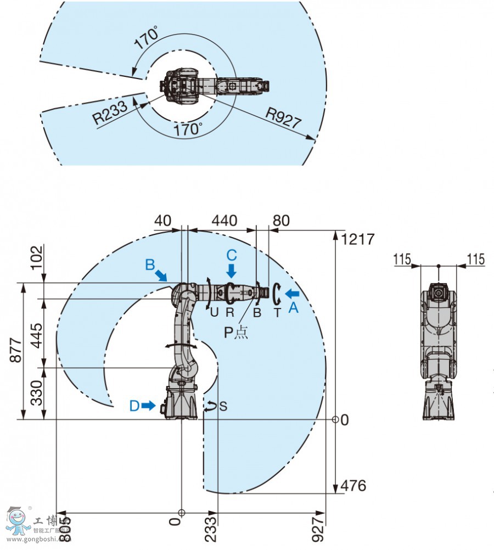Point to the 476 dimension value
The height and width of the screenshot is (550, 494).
point(353,486)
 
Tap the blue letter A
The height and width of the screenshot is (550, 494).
point(293,308)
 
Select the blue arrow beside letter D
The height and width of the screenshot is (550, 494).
point(148,406)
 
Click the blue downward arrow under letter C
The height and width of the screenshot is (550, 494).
point(232,270)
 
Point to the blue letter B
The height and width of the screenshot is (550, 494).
point(150,265)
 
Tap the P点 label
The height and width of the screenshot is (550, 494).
point(236,333)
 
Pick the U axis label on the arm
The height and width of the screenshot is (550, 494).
point(214,312)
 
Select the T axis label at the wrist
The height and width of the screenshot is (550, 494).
point(277,312)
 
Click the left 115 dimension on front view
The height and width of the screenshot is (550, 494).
point(402,259)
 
